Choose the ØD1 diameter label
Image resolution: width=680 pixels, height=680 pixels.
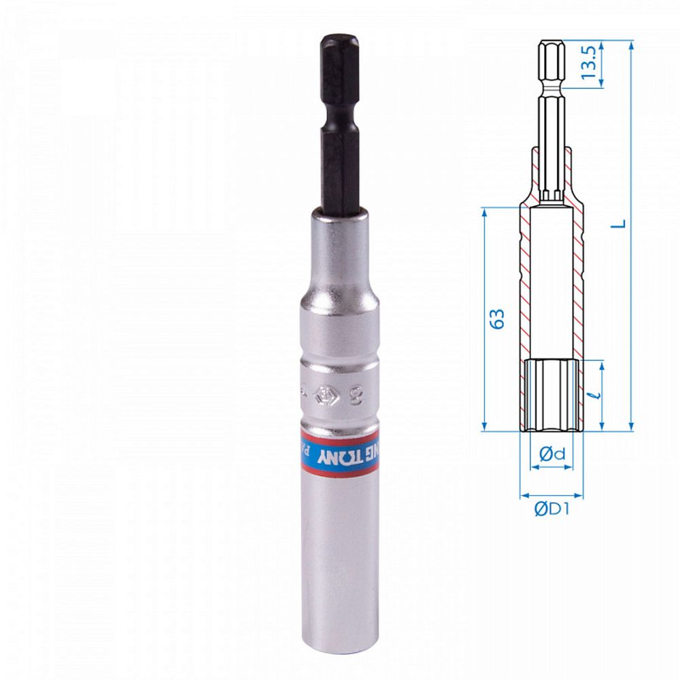pyautogui.click(x=551, y=509)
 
